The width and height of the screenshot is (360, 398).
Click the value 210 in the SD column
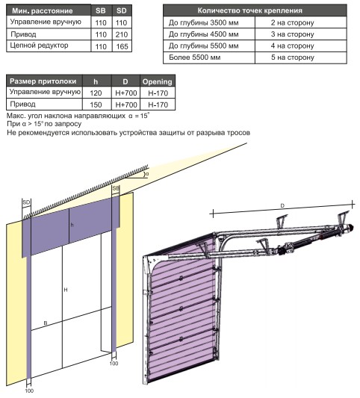click(121, 34)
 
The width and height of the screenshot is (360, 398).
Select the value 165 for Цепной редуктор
click(122, 46)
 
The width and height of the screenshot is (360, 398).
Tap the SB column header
click(101, 10)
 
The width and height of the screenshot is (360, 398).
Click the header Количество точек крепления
click(249, 10)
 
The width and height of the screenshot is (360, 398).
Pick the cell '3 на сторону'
click(293, 34)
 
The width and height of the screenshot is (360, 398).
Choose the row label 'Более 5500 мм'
click(194, 57)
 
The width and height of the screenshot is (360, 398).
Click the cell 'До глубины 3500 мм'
click(204, 22)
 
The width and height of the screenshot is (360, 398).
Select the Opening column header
click(157, 81)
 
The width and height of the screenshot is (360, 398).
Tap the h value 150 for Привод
click(96, 105)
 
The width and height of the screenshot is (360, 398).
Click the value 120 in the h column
click(96, 93)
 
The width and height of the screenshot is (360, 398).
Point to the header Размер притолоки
click(43, 81)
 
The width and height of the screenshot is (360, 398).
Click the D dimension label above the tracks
click(282, 205)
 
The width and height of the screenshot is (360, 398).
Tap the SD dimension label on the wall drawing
click(26, 202)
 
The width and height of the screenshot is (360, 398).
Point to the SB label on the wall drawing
click(116, 188)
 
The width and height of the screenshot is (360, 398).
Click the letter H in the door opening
click(66, 290)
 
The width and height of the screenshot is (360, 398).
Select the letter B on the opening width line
click(46, 323)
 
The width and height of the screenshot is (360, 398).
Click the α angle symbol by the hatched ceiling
click(146, 174)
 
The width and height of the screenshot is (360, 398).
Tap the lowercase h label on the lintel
click(72, 225)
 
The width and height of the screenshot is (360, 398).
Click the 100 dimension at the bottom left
click(29, 391)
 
